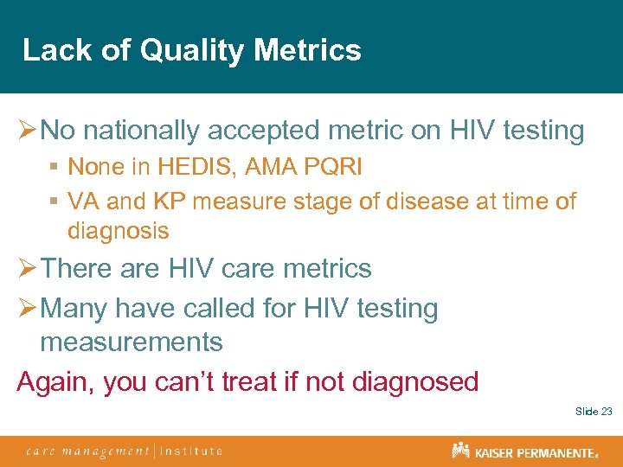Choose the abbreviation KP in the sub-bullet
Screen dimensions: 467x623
click(172, 202)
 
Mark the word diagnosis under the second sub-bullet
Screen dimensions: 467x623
click(118, 231)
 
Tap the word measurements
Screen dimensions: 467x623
click(131, 342)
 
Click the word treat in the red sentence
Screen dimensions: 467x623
click(254, 381)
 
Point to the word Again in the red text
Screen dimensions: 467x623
click(55, 381)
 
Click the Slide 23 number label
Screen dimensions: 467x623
click(594, 412)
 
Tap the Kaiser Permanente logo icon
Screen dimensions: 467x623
click(460, 451)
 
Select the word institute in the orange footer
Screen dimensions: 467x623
click(191, 451)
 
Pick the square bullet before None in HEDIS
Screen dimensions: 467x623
click(54, 167)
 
